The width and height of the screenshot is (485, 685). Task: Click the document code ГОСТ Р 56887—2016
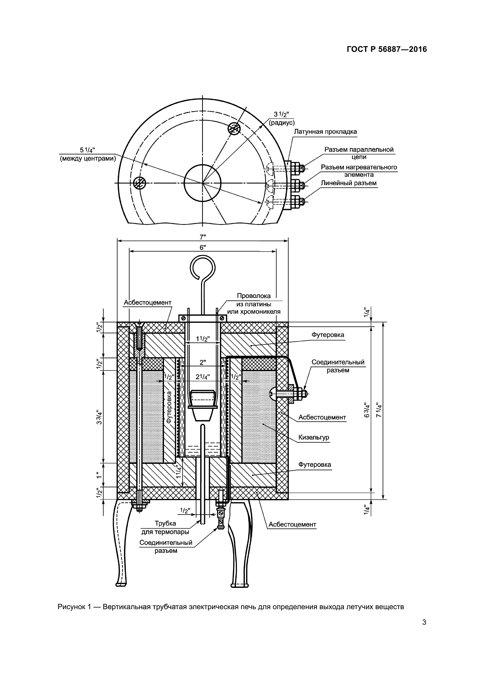(387, 49)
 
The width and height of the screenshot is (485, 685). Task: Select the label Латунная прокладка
(325, 131)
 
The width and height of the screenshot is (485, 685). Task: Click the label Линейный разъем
(349, 183)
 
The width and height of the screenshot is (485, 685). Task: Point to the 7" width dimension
(203, 237)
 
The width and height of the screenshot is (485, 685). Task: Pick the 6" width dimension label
(203, 247)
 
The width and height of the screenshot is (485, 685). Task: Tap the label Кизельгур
(314, 437)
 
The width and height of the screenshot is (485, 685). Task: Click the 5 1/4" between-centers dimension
(87, 150)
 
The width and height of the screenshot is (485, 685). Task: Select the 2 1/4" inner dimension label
(203, 377)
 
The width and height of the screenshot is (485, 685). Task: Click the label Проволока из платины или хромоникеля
(254, 304)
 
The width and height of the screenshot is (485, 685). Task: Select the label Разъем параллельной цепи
(359, 153)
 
